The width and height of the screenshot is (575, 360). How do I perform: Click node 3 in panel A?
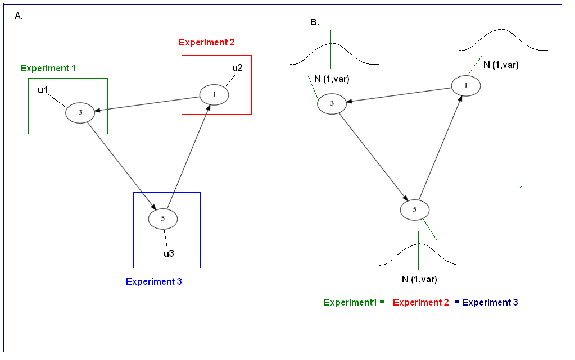point(80,112)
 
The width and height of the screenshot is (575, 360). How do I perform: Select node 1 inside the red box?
point(214,94)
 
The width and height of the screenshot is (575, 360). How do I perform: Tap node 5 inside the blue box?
point(163,218)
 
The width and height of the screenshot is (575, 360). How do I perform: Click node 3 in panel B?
point(332,103)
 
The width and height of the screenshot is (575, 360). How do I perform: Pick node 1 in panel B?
point(466,85)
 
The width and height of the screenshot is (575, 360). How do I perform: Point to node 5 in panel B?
point(415,209)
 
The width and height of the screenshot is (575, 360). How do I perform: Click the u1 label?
point(43,90)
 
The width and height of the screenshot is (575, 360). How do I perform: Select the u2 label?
point(237,68)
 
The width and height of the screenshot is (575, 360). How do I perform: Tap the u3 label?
point(169,253)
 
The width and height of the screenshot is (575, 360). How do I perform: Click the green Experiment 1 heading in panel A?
point(48,68)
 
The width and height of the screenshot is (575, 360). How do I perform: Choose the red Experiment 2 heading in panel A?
point(207,42)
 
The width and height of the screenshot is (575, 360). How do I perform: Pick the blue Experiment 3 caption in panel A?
point(153,282)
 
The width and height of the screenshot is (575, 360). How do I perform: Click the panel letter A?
point(19,16)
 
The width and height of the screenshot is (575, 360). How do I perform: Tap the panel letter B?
point(314,22)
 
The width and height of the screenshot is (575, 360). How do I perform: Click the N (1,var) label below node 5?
point(419,279)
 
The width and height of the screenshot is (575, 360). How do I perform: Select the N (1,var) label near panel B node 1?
point(501,65)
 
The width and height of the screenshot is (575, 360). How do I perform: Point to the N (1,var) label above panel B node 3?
point(332,79)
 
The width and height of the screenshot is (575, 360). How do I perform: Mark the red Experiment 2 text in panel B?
point(421,302)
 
